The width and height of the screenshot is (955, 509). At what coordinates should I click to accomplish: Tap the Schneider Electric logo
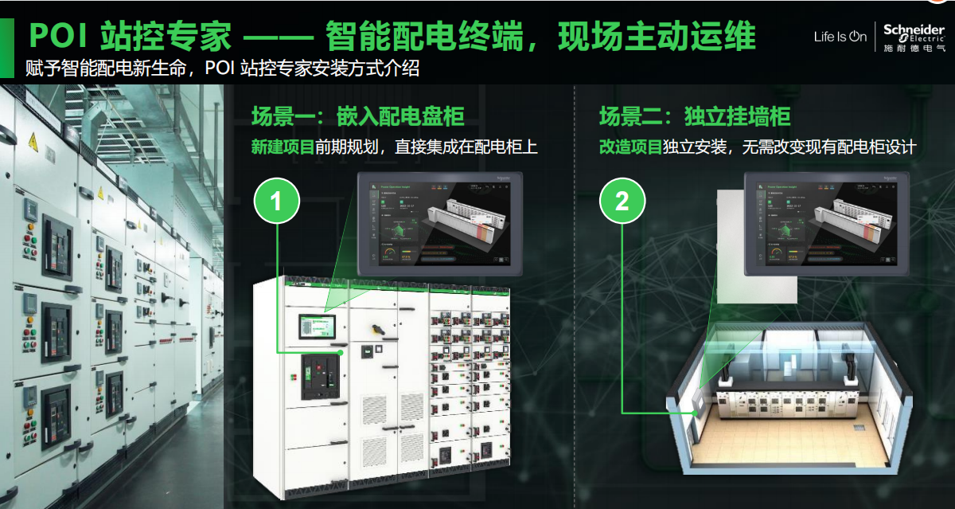(913, 36)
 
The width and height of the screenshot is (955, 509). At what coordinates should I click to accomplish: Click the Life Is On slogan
(840, 37)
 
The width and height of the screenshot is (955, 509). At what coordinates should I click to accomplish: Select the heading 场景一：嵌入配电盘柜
(357, 117)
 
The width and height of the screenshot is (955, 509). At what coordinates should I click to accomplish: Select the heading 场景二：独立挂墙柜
(694, 117)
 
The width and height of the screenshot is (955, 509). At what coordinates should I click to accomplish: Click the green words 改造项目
(630, 147)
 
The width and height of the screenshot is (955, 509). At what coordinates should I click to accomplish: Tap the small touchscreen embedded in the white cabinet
(317, 328)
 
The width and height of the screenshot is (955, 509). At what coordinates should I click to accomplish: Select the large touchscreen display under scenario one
(435, 222)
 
